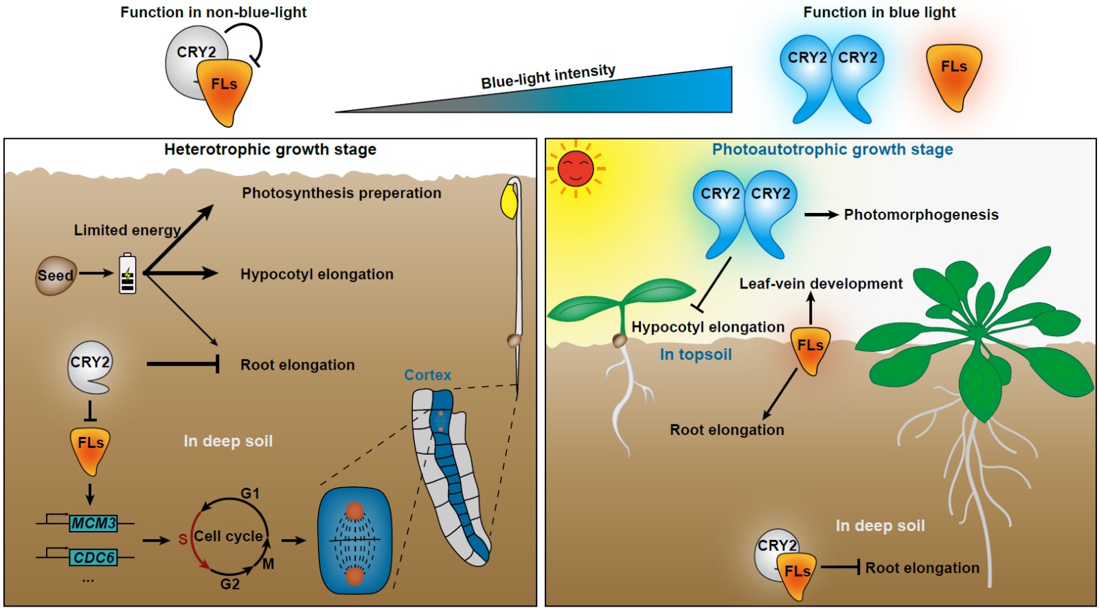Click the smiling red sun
[576, 168]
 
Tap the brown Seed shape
[55, 275]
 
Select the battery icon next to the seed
[128, 274]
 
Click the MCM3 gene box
[93, 523]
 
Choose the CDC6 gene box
[93, 557]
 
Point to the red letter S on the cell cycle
[183, 539]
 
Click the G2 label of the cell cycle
[230, 584]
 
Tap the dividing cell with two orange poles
[354, 541]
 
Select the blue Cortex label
[427, 375]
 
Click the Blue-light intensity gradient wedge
[618, 96]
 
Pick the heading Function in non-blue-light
[213, 12]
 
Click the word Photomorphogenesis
[921, 215]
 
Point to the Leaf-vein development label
[821, 284]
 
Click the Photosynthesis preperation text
[341, 193]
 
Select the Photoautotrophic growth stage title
[832, 150]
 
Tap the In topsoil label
[696, 354]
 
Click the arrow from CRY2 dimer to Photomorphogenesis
[822, 215]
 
